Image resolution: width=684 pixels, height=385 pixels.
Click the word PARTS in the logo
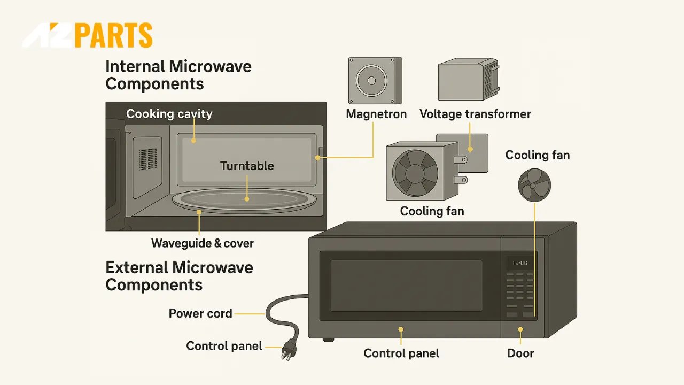tap(113, 36)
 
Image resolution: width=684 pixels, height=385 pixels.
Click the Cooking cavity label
tap(169, 114)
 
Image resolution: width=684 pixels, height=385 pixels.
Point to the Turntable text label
tap(247, 166)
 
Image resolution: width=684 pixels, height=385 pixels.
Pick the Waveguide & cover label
tap(202, 243)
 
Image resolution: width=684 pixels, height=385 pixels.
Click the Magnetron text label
tap(376, 114)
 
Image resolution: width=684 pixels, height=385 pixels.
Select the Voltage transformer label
tap(475, 114)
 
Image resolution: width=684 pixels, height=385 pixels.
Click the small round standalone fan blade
tap(534, 184)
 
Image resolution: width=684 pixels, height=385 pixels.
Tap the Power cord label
tap(200, 313)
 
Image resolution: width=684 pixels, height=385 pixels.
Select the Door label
tap(520, 353)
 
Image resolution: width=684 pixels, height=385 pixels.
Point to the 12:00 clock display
tap(520, 263)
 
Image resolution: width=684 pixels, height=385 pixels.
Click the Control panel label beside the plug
tap(224, 346)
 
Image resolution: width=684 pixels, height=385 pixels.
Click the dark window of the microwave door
tap(406, 286)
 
